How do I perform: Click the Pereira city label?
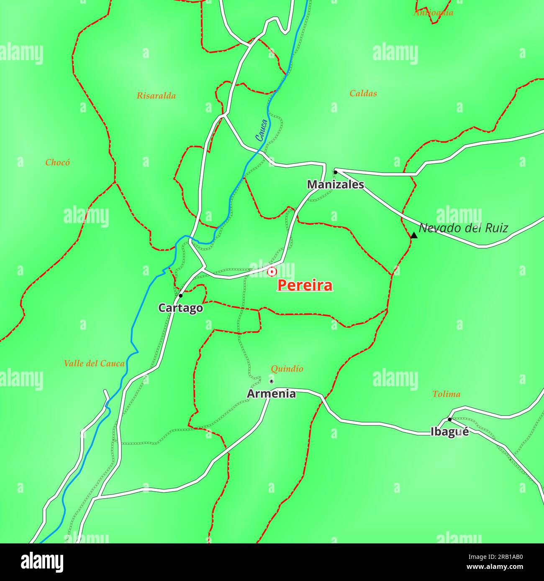point(305,285)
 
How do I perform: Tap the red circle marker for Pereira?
point(272,272)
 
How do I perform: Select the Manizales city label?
point(336,184)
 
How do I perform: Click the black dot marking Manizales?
point(335,172)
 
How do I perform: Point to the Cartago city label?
point(180,308)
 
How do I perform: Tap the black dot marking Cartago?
point(181,296)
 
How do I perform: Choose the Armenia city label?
point(271,394)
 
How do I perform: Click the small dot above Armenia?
point(271,381)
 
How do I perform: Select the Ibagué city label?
point(449,432)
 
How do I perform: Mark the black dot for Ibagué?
point(449,419)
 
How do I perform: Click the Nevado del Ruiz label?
point(463,228)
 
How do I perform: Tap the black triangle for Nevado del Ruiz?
point(414,236)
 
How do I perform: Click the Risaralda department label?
point(156,96)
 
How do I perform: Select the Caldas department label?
point(363,94)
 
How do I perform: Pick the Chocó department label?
point(58,163)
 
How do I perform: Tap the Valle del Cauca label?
point(94,364)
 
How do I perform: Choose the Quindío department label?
point(287,369)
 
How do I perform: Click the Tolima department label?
point(446,394)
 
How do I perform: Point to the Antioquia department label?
point(433,13)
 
